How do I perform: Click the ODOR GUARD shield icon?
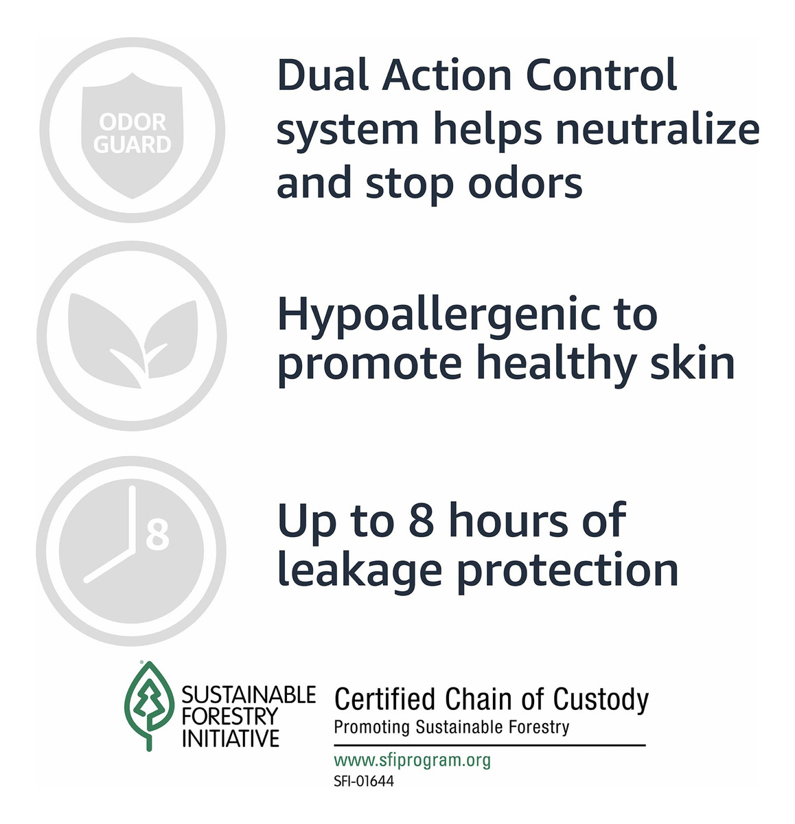coord(132,135)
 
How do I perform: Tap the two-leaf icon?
coord(132,340)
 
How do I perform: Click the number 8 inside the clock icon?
coord(157,536)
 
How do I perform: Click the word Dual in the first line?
coord(323,76)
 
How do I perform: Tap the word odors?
coord(525,183)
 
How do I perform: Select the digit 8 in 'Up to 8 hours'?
coord(422,520)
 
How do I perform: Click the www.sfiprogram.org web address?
coord(413,760)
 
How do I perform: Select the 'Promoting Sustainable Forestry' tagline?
coord(451,727)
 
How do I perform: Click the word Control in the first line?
coord(601,76)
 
